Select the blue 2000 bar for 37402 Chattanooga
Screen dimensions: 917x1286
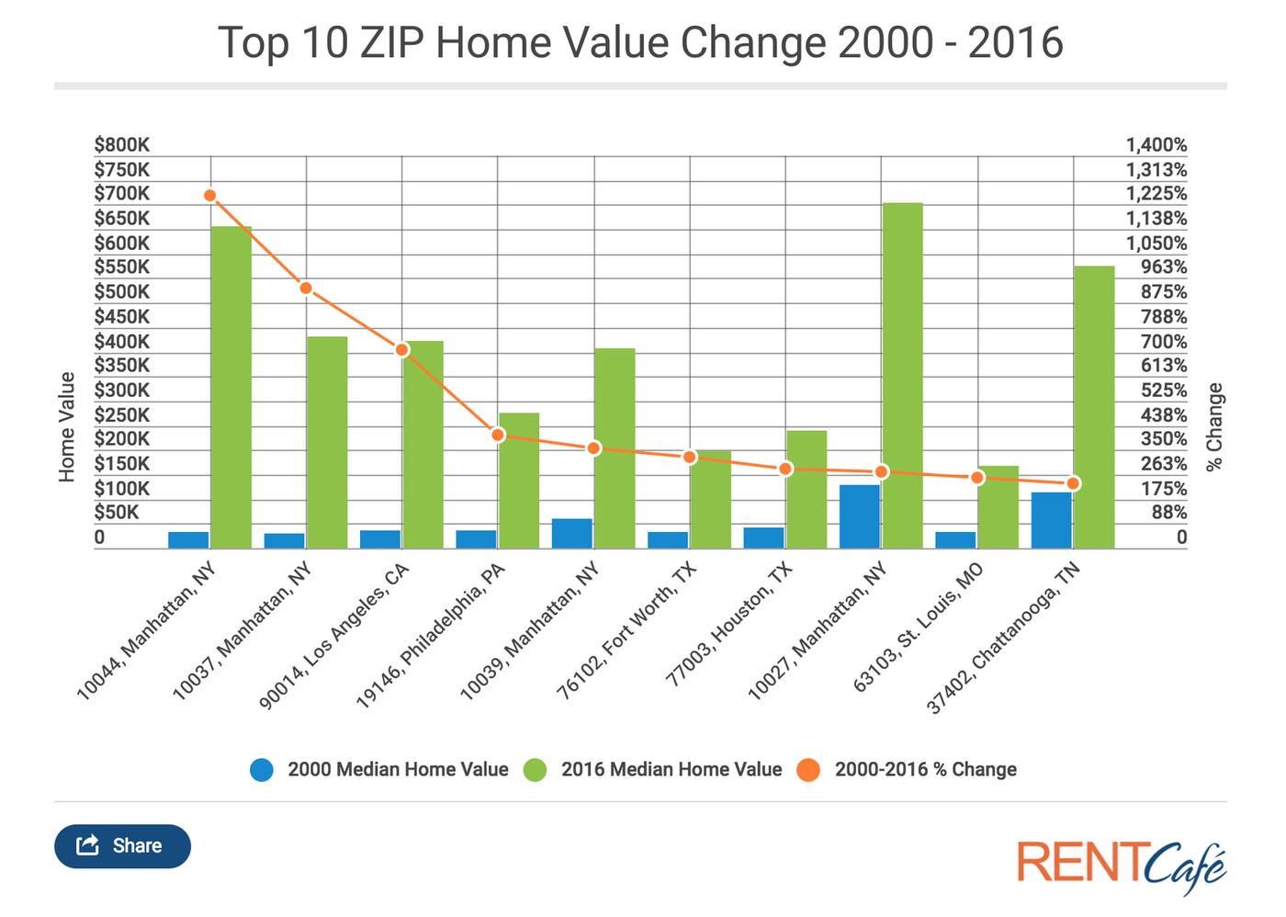(1051, 520)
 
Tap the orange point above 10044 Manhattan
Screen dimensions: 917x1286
(210, 196)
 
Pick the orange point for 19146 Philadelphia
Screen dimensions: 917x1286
(498, 435)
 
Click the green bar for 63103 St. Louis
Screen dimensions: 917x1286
(998, 507)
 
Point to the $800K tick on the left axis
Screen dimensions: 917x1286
(121, 145)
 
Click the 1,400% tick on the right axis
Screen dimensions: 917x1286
(1156, 145)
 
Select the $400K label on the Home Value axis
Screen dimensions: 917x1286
(121, 342)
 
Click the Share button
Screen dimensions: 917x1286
(122, 846)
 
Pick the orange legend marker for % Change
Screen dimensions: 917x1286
(808, 770)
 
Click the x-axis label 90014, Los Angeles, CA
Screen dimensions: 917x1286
(336, 635)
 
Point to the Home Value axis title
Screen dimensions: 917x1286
(66, 426)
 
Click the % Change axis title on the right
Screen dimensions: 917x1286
(1214, 426)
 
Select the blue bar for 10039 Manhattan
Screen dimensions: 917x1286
(571, 534)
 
